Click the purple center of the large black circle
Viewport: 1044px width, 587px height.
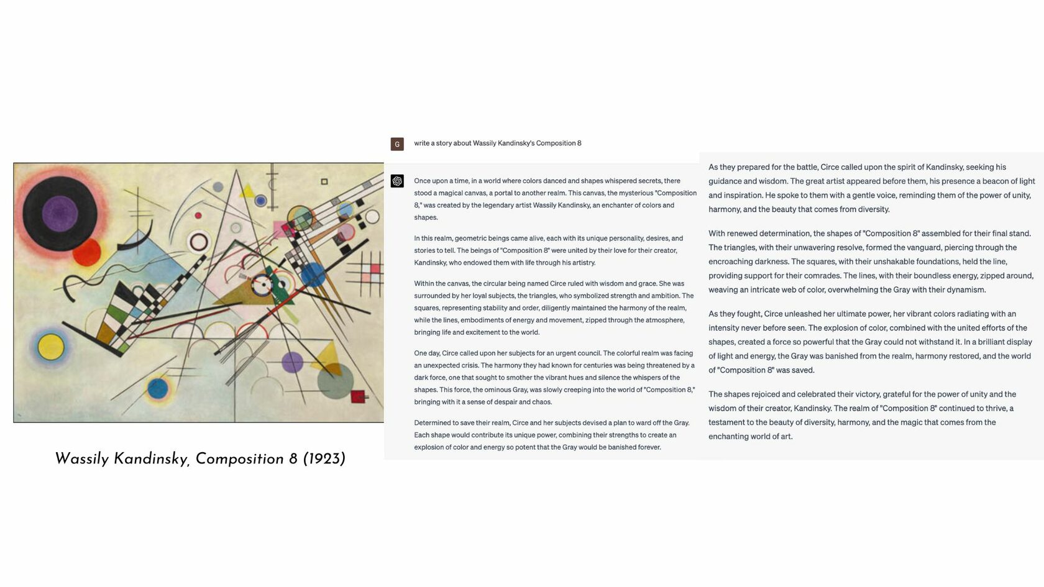click(60, 214)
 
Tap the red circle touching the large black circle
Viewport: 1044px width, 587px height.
click(87, 252)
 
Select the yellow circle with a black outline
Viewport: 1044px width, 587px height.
click(51, 347)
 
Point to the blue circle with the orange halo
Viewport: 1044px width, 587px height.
click(158, 389)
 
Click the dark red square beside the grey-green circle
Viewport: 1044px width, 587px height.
click(358, 396)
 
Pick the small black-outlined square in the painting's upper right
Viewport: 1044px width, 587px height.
click(324, 181)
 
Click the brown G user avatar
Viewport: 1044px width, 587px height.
click(397, 144)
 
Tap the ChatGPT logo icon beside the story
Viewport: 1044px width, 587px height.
click(397, 181)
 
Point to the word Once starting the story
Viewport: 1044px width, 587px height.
click(423, 181)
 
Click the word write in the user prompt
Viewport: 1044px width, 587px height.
click(421, 143)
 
